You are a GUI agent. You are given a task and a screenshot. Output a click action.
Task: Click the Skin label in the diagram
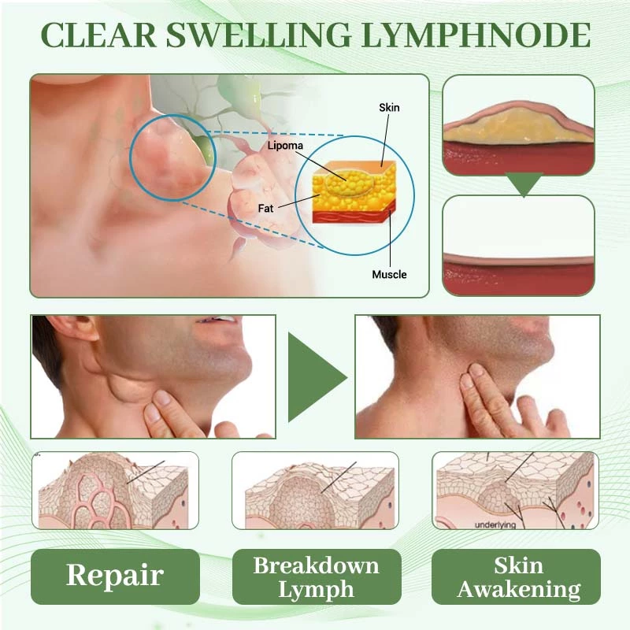point(389,107)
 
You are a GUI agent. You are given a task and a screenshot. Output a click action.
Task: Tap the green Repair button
point(115,576)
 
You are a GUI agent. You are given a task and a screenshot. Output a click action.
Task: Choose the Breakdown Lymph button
point(316,576)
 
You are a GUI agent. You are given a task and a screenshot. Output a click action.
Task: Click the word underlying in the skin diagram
point(495,524)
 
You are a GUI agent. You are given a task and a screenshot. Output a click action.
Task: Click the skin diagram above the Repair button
point(115,490)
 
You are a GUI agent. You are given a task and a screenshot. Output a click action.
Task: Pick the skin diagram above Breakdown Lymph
point(316,490)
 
